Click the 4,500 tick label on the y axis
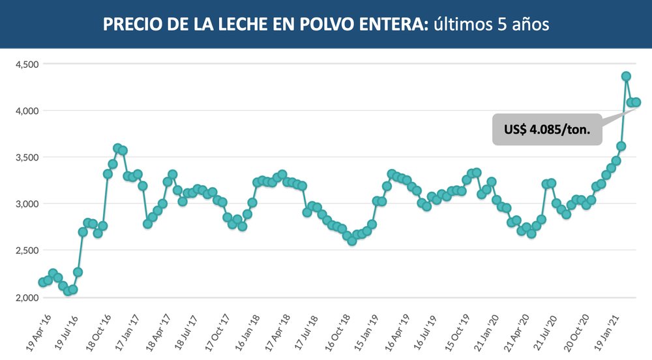pyautogui.click(x=27, y=64)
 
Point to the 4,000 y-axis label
pyautogui.click(x=27, y=111)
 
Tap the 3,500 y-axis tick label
pyautogui.click(x=27, y=157)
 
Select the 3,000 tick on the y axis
pyautogui.click(x=27, y=204)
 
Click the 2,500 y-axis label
pyautogui.click(x=27, y=250)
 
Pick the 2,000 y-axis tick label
pyautogui.click(x=27, y=297)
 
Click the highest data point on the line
pyautogui.click(x=626, y=76)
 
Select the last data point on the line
pyautogui.click(x=636, y=102)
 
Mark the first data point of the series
pyautogui.click(x=42, y=282)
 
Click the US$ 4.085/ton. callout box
pyautogui.click(x=546, y=130)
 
